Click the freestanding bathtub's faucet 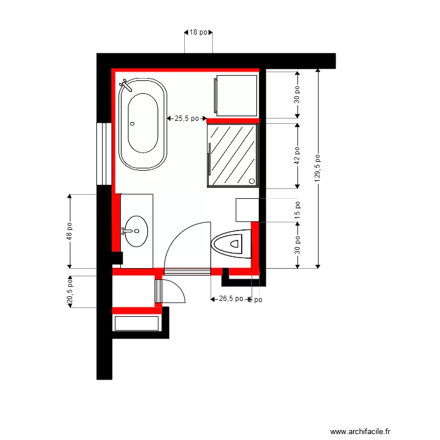pos(125,86)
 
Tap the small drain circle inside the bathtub pos(132,124)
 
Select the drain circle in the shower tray pos(253,181)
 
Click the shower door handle pos(209,159)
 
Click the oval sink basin pos(137,231)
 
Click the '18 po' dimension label pos(198,33)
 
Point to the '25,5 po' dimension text pos(187,119)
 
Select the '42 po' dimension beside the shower pos(297,155)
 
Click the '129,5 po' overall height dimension pos(318,168)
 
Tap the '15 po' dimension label pos(297,210)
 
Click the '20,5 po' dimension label pos(69,292)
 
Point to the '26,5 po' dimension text pos(230,299)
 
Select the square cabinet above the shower pos(236,94)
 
